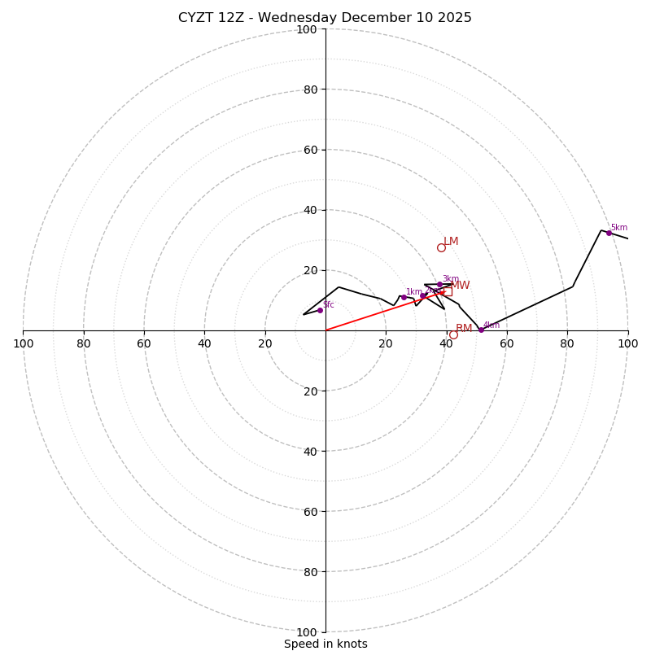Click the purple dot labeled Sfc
[x=320, y=310]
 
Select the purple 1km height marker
[x=404, y=297]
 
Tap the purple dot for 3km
[x=439, y=285]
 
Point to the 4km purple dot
[x=481, y=330]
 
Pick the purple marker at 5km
[x=609, y=233]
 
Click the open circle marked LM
[x=441, y=247]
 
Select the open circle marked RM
[x=453, y=334]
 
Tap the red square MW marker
[x=448, y=291]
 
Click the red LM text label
[x=451, y=242]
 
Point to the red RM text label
[x=464, y=329]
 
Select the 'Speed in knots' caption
[x=325, y=644]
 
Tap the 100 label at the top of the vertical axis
[x=307, y=29]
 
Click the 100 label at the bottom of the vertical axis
[x=307, y=632]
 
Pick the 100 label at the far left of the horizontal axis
[x=23, y=344]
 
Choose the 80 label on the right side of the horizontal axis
[x=567, y=344]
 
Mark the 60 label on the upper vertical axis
[x=310, y=150]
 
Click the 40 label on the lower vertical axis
[x=310, y=451]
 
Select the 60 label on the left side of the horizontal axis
[x=144, y=344]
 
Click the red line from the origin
[x=370, y=315]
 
